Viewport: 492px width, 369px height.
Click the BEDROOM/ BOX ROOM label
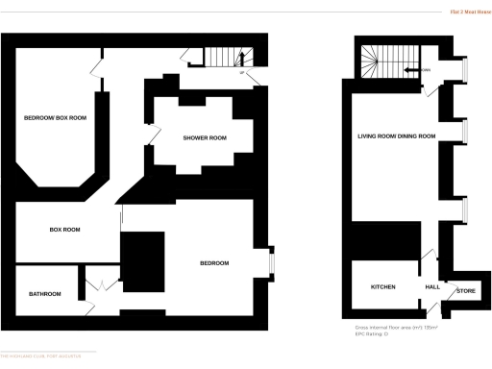pyautogui.click(x=56, y=118)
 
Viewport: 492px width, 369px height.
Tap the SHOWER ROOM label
pyautogui.click(x=205, y=138)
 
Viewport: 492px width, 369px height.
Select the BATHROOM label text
pyautogui.click(x=45, y=294)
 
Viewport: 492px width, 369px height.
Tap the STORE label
pyautogui.click(x=466, y=289)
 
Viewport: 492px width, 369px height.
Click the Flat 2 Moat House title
pyautogui.click(x=467, y=12)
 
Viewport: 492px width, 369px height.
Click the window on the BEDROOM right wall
pyautogui.click(x=272, y=260)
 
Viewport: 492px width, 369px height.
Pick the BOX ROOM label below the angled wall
pyautogui.click(x=64, y=231)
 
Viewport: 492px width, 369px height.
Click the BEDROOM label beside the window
pyautogui.click(x=214, y=263)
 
